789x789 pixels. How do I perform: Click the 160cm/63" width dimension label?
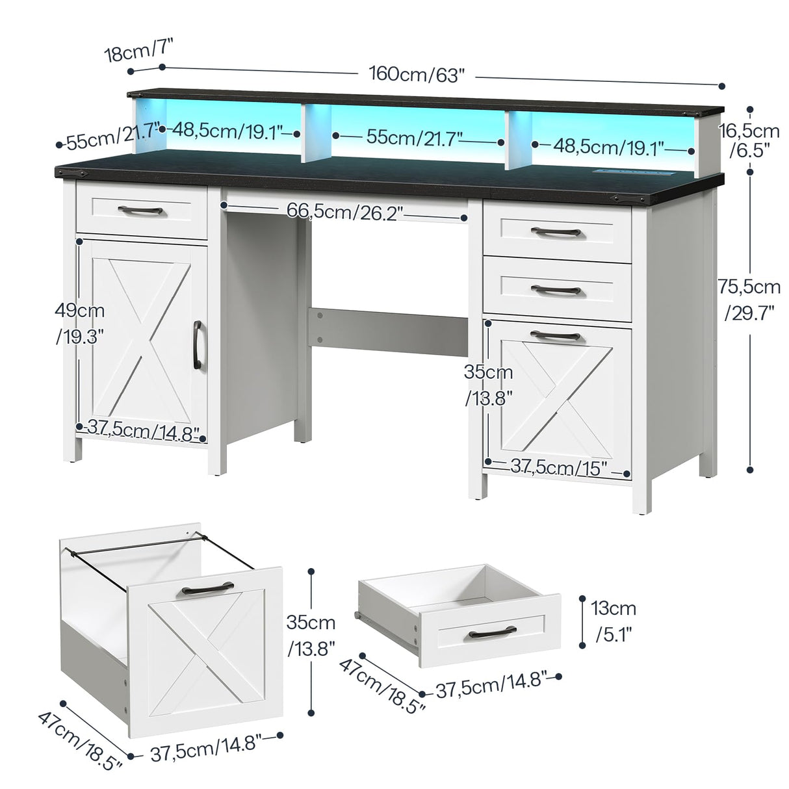[418, 74]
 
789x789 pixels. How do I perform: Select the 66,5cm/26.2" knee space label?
[345, 211]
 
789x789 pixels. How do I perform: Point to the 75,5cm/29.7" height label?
[749, 300]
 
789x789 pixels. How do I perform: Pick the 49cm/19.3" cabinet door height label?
[80, 322]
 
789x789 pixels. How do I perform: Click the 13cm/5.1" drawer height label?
[614, 621]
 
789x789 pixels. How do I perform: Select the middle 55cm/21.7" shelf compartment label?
[415, 137]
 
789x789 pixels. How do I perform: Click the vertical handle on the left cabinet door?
[197, 339]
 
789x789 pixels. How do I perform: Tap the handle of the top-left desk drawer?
[142, 210]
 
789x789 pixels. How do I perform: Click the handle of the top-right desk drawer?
[556, 231]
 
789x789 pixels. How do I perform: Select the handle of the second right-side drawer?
[556, 289]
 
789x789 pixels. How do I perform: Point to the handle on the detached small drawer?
[492, 632]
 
